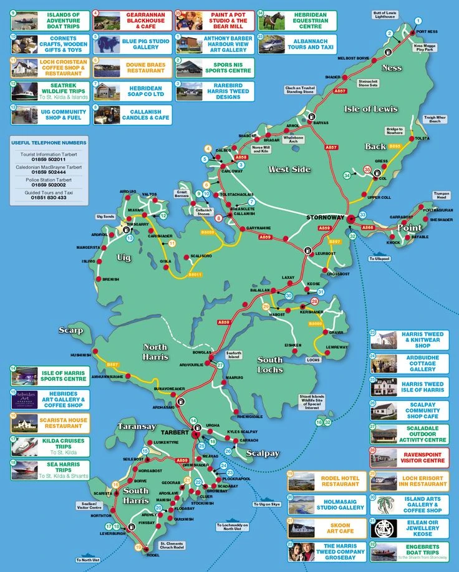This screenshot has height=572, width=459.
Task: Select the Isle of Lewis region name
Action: click(370, 109)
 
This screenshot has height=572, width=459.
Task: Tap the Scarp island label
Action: click(70, 329)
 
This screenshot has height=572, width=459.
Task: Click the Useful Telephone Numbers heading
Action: click(48, 143)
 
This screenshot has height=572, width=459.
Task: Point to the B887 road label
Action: click(112, 364)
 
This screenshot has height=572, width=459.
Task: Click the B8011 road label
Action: click(195, 274)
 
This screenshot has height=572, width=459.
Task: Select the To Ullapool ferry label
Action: click(379, 258)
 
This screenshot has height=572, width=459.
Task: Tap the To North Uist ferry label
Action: click(90, 560)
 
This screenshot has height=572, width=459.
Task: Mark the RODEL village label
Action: click(152, 555)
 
